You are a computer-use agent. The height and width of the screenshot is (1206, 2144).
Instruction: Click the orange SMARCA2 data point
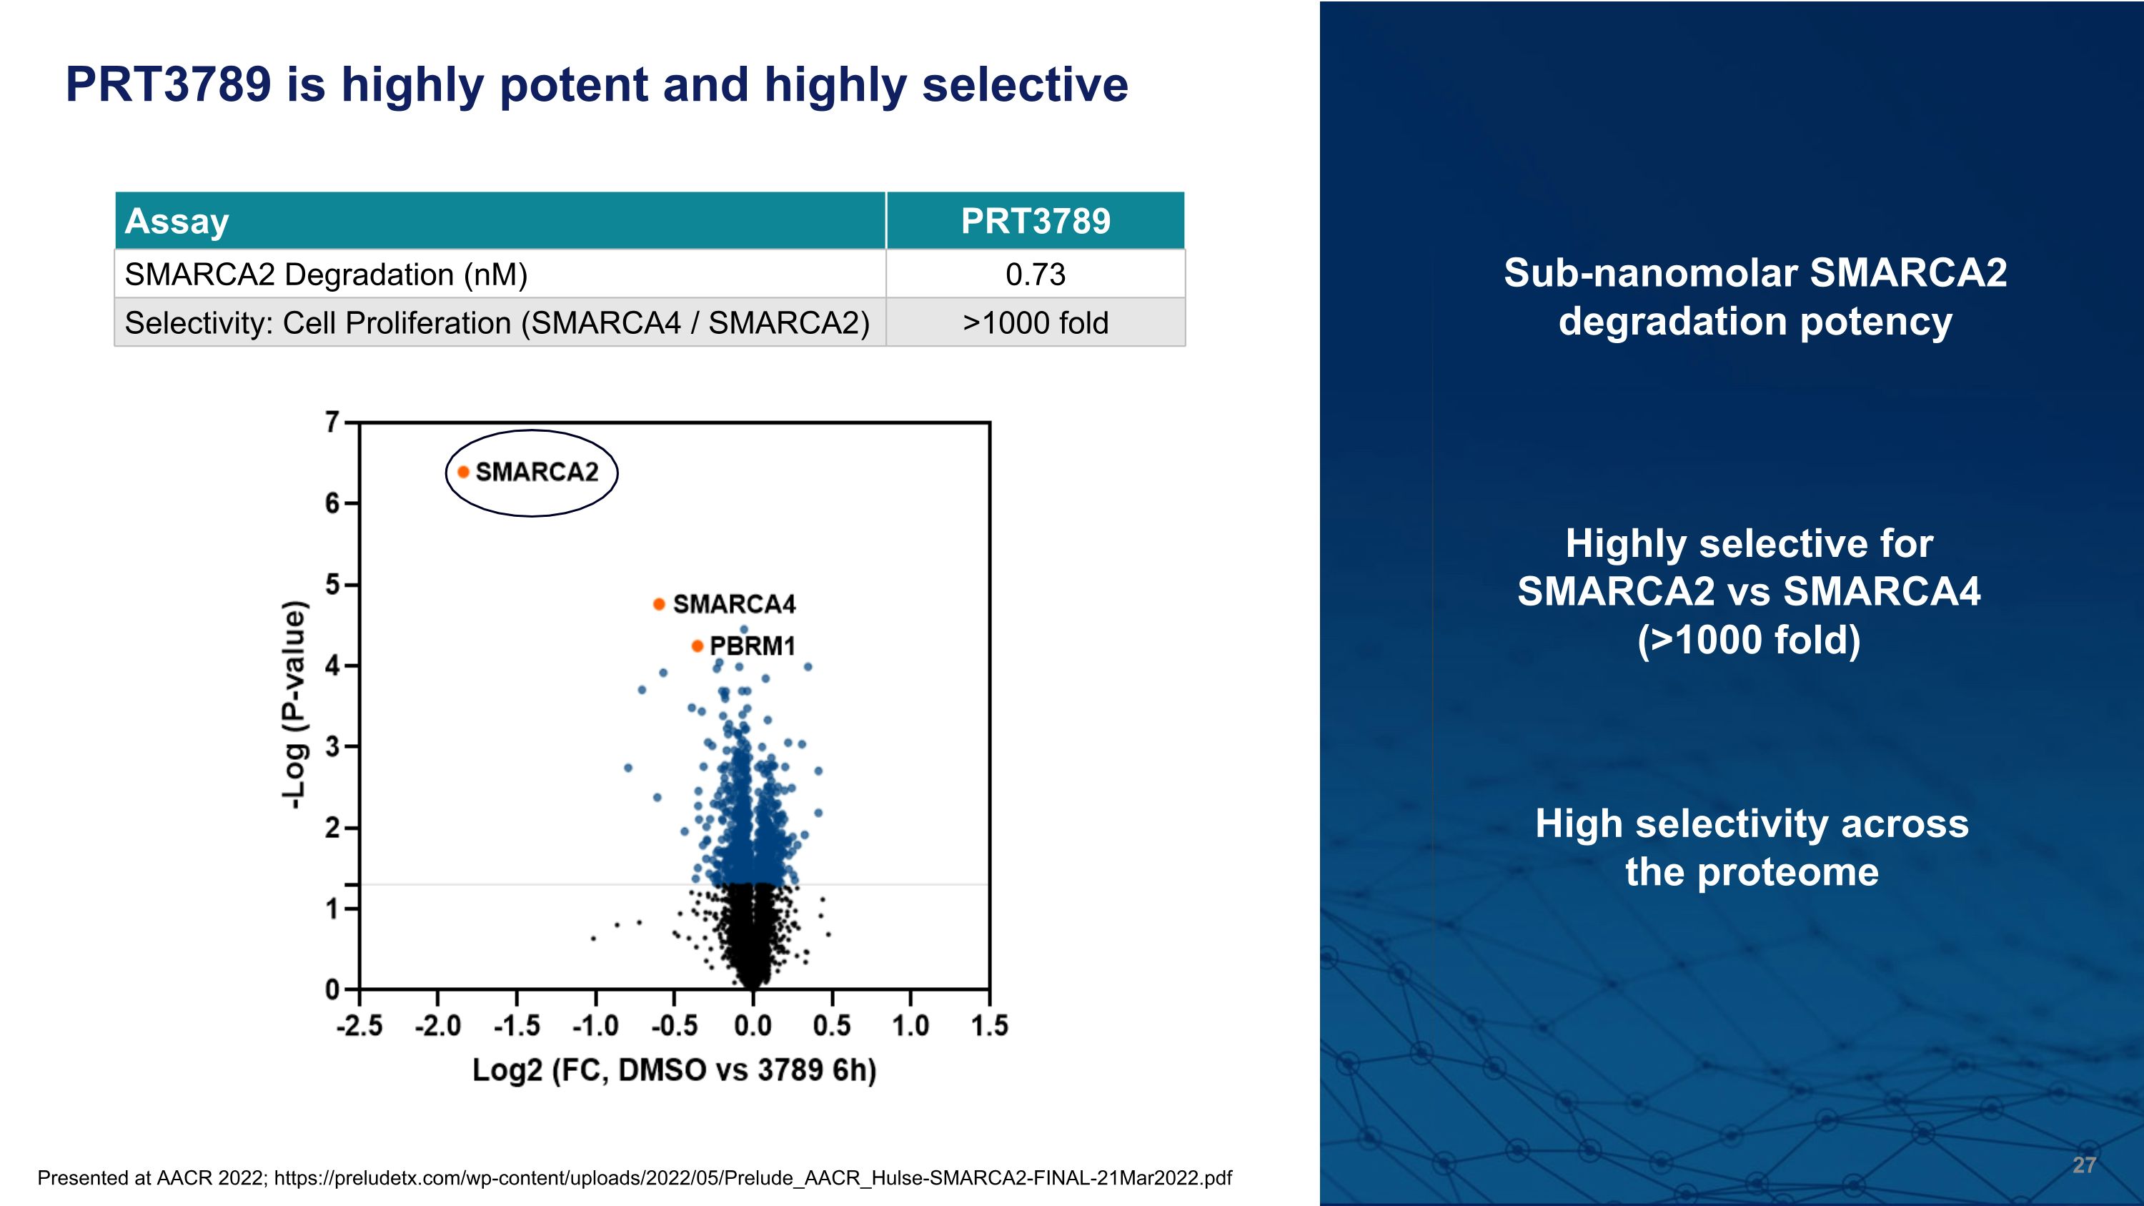[x=464, y=472]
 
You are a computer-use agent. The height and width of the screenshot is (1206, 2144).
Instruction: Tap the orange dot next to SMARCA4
[x=658, y=603]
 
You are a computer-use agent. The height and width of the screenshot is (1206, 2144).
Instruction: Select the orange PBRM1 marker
[x=698, y=646]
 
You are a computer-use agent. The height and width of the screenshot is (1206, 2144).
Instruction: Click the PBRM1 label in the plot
[x=753, y=646]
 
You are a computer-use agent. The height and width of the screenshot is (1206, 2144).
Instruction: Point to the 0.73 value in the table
[x=1035, y=275]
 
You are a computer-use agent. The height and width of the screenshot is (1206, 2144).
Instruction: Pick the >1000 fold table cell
[x=1035, y=323]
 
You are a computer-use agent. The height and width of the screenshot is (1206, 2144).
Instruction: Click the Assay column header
[x=177, y=222]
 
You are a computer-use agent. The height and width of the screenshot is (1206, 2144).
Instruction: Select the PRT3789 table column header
[x=1035, y=222]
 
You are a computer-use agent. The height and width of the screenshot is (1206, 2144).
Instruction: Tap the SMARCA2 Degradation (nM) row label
[x=325, y=275]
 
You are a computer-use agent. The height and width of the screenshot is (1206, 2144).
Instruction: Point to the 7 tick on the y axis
[x=332, y=422]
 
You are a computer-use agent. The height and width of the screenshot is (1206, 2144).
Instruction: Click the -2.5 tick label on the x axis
[x=359, y=1025]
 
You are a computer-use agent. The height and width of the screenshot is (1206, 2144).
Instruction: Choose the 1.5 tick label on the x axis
[x=990, y=1025]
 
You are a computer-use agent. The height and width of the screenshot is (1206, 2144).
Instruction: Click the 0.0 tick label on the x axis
[x=753, y=1025]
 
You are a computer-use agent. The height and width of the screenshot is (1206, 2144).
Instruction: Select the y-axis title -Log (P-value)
[x=294, y=704]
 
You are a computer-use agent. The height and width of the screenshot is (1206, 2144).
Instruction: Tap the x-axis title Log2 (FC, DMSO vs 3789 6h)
[x=674, y=1069]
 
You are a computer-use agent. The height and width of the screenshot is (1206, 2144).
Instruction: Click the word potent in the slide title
[x=573, y=85]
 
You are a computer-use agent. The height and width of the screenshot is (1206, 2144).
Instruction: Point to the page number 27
[x=2083, y=1165]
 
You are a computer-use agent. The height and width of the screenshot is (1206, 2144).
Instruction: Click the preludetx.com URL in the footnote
[x=753, y=1177]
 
